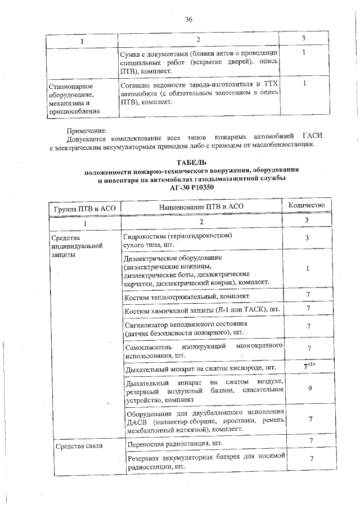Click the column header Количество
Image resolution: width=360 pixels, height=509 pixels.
tap(307, 206)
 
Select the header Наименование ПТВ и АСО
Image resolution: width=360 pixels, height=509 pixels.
tap(201, 208)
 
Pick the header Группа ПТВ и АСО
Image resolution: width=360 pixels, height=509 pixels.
tap(84, 208)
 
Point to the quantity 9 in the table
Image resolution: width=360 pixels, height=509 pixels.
tap(307, 388)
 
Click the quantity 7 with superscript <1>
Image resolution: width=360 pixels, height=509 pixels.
tap(307, 367)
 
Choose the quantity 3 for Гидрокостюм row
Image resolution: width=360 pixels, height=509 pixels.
tap(307, 238)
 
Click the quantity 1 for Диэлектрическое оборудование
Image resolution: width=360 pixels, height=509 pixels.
tap(307, 269)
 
